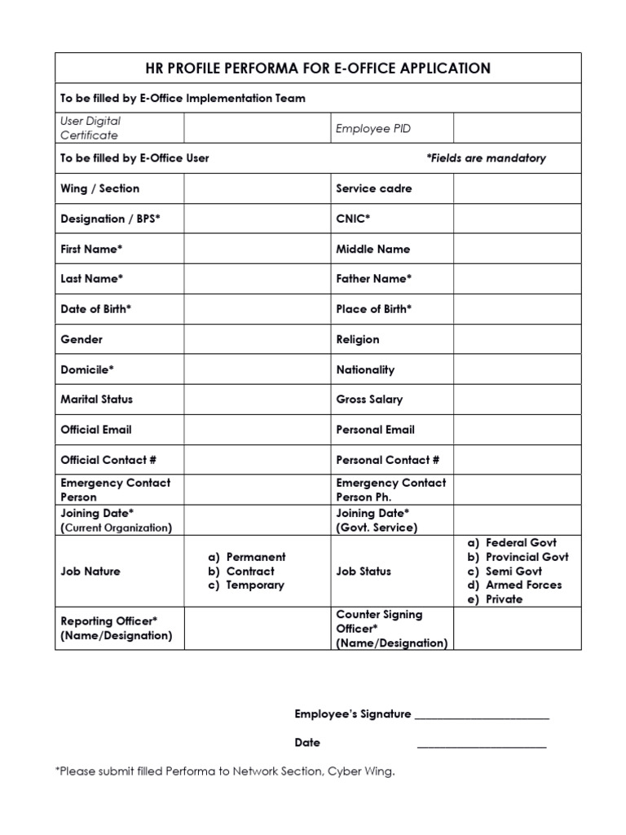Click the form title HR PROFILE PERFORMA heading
coord(318,68)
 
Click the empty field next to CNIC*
coord(518,219)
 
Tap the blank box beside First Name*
coord(257,249)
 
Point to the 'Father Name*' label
coord(374,279)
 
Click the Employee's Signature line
coord(482,716)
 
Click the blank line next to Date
coord(482,744)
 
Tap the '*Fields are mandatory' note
coord(486,158)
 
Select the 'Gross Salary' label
coord(369,400)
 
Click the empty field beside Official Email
coord(257,430)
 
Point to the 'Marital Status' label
coord(96,400)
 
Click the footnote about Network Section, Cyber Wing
coord(225,771)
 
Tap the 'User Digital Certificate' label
coord(90,128)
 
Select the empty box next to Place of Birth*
coord(518,309)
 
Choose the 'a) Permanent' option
coord(246,557)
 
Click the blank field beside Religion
coord(518,339)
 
